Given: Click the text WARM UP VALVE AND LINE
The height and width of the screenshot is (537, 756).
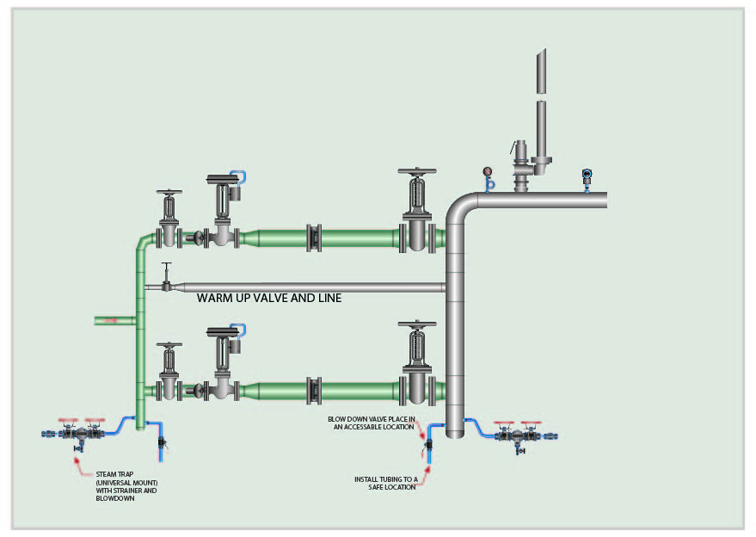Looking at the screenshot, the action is [269, 298].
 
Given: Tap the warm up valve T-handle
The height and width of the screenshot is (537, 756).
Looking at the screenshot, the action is [166, 264].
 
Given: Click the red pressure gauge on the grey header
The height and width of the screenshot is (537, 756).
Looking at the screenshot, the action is [488, 171].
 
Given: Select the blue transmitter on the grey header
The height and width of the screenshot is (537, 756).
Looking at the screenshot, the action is [587, 174].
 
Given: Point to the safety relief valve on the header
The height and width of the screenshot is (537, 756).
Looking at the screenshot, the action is [522, 166].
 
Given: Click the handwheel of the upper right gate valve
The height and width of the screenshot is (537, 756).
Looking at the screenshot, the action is [417, 171].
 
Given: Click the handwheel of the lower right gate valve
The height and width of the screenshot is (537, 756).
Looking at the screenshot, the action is [417, 324].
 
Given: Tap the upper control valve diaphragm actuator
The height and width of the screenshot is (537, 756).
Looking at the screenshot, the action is [223, 179].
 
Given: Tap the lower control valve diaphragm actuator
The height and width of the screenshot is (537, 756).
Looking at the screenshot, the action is [223, 332].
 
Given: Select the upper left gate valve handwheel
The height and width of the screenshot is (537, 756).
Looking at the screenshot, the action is [169, 192].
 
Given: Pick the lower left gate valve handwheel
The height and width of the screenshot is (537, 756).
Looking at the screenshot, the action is [169, 345].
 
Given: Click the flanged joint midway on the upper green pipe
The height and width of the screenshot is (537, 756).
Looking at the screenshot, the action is [314, 238].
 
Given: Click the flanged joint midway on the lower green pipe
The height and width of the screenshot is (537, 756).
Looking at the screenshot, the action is [314, 391].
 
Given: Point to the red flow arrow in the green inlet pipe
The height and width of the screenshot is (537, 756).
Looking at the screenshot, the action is [111, 320].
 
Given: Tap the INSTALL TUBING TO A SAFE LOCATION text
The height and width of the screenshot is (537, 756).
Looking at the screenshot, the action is [385, 484].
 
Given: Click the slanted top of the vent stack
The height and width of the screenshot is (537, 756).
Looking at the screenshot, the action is [542, 52].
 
